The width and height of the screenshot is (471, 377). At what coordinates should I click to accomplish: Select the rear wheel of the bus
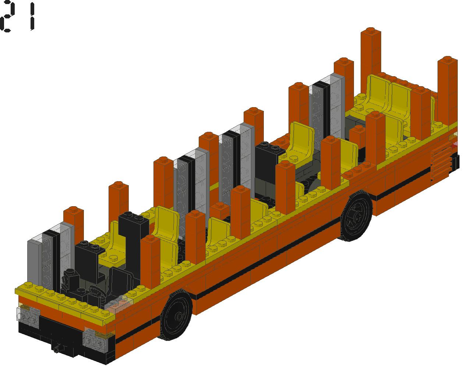pos(356,216)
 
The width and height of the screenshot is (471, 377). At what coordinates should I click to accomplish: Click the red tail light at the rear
pos(455,144)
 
